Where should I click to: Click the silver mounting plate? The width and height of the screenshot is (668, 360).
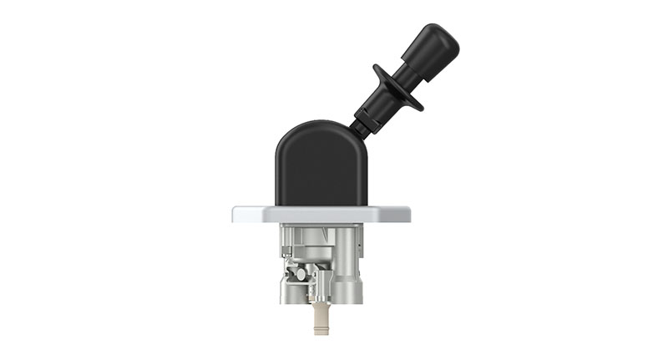(x=321, y=214)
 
